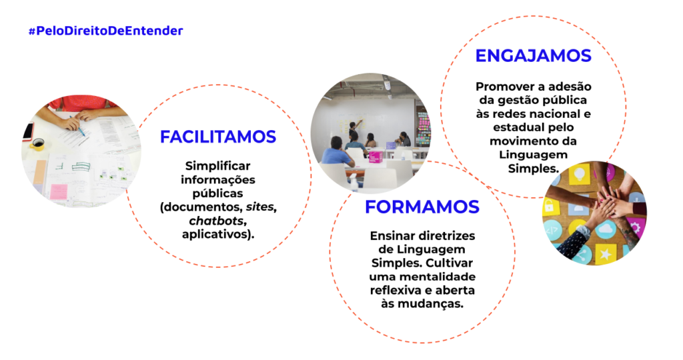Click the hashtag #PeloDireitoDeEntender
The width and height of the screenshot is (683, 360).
click(x=105, y=31)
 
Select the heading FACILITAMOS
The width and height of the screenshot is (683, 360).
click(x=218, y=137)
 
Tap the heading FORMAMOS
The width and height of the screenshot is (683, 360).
click(x=422, y=207)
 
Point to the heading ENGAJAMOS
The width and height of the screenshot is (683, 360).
click(x=533, y=56)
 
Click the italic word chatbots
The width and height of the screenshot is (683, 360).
click(x=217, y=221)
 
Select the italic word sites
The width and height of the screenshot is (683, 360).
click(x=260, y=207)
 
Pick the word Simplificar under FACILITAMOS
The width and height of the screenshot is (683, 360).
click(x=218, y=166)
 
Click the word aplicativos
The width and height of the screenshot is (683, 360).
click(x=214, y=234)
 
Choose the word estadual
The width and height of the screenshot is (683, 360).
click(x=514, y=127)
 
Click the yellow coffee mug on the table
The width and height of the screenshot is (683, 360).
click(x=37, y=144)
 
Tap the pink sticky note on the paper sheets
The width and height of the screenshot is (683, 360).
click(x=59, y=191)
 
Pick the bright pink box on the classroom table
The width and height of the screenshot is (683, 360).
click(x=375, y=157)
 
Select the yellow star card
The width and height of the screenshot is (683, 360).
click(x=604, y=253)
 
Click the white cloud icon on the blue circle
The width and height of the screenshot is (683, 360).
click(x=606, y=229)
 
